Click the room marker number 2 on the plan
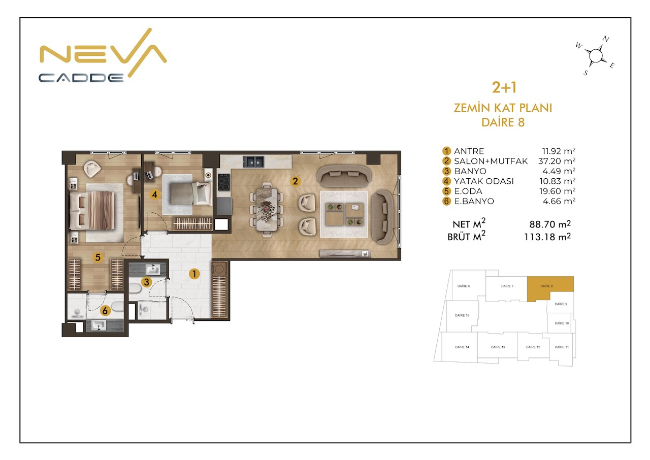[295, 181]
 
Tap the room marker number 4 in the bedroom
[155, 194]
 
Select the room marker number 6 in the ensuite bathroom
[105, 311]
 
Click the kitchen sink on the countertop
[253, 161]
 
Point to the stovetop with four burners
[224, 182]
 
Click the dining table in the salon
[267, 210]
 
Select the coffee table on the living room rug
[344, 214]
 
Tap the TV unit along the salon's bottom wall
[345, 253]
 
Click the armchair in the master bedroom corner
[92, 169]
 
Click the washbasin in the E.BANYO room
[99, 326]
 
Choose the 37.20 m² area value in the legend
[557, 161]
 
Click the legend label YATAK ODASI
[484, 181]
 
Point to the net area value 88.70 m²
[550, 224]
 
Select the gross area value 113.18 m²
[547, 237]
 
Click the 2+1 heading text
[504, 88]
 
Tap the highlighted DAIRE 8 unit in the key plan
[547, 286]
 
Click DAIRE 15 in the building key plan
[462, 316]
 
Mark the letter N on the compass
[605, 39]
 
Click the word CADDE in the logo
[81, 78]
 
